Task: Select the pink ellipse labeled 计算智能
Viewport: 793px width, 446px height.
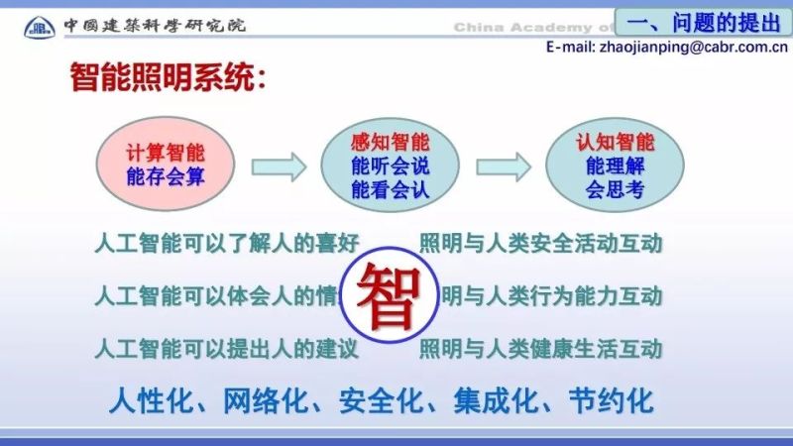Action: tap(165, 166)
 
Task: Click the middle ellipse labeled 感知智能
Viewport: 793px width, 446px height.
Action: tap(390, 166)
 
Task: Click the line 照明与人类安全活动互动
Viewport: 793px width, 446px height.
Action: tap(540, 243)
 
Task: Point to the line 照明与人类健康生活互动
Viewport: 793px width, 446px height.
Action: tap(540, 349)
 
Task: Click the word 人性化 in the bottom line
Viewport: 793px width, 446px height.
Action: tap(143, 401)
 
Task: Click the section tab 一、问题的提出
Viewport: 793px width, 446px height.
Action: tap(705, 20)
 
